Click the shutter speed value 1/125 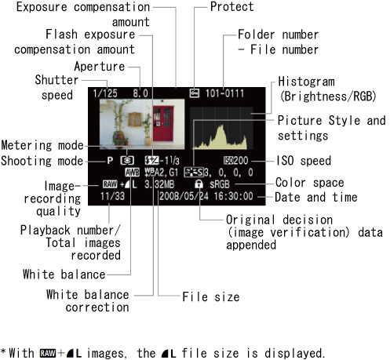pos(105,93)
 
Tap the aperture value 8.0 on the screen pos(140,93)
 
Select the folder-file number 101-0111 pos(224,93)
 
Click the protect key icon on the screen pos(195,93)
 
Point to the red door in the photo pos(163,123)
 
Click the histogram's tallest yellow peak pos(222,127)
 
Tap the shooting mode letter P pos(110,160)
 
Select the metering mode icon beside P pos(127,161)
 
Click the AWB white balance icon pos(132,173)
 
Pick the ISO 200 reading pos(235,160)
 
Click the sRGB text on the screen pos(220,184)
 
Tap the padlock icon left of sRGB pos(199,184)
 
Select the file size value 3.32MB pos(159,184)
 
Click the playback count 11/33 pos(113,196)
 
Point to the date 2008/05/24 pos(184,196)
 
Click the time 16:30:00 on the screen pos(233,196)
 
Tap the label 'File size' pos(211,296)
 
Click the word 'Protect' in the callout pos(232,6)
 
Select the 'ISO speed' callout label pos(304,161)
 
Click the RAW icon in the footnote pos(48,353)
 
